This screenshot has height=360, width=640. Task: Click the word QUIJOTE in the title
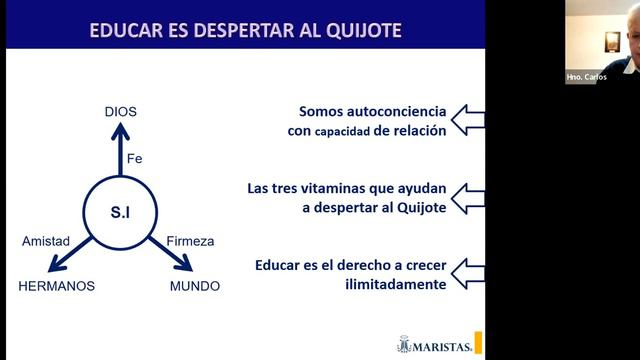pos(356,29)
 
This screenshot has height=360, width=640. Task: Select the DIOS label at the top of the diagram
pos(120,111)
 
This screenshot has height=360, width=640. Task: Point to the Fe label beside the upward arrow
pos(135,158)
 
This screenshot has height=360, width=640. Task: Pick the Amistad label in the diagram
pos(46,241)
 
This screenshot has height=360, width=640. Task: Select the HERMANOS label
pos(57,286)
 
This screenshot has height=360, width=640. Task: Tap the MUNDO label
pos(194,286)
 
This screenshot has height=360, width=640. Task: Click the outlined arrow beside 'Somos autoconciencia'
pos(467,121)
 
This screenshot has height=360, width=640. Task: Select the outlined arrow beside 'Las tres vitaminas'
pos(467,196)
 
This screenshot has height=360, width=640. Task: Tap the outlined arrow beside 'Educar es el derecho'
pos(467,273)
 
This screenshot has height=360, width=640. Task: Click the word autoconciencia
pos(393,111)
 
